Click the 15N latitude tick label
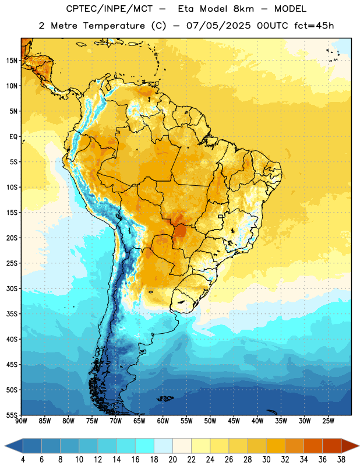pos(12,61)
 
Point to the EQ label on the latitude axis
pos(13,137)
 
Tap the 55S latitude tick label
pos(12,415)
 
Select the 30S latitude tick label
pos(12,288)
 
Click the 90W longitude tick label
pos(21,421)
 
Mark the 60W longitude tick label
pos(163,421)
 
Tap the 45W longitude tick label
pos(234,421)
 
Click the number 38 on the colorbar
pos(341,460)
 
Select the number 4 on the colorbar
pos(23,460)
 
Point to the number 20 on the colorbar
pos(172,460)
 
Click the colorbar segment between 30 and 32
pos(276,446)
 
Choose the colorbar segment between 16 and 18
pos(145,446)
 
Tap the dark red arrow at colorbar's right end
pos(350,446)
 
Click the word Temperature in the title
pos(114,26)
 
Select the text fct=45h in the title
pos(314,26)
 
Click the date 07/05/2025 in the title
pos(218,26)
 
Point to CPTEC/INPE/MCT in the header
pos(109,9)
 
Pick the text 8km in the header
pos(243,9)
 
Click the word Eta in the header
pos(186,9)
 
